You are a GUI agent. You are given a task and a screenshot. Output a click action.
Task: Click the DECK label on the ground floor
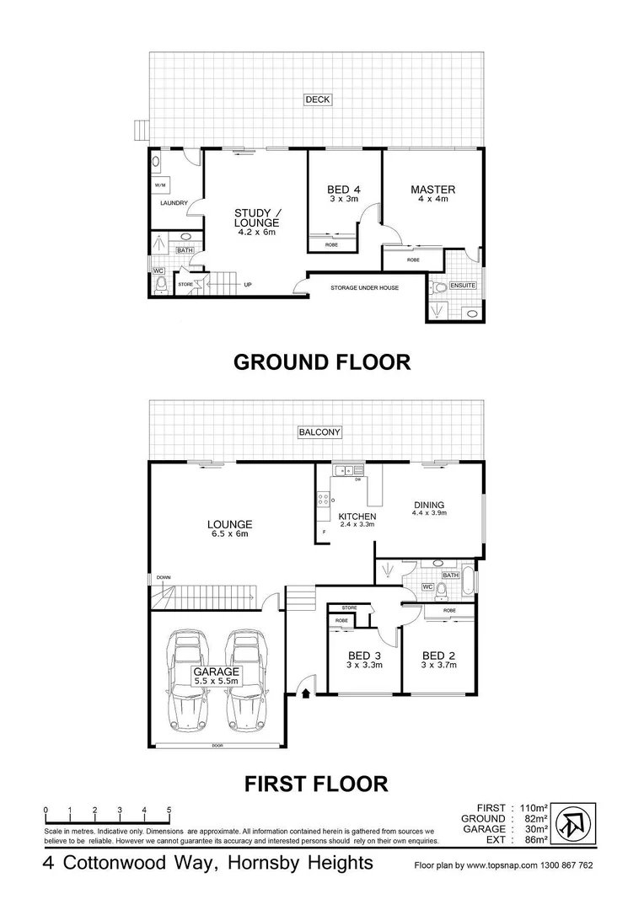pos(318,100)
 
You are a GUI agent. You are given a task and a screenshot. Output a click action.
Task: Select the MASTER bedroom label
pos(432,190)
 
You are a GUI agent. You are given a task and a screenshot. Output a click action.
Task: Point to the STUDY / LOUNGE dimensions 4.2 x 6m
pos(256,232)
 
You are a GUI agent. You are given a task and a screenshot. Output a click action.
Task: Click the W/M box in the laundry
pos(159,185)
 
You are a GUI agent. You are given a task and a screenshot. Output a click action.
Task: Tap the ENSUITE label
pos(463,286)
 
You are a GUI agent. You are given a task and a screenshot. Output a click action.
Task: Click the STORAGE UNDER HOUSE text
pos(363,287)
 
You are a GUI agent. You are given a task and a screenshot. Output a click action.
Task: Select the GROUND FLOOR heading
pos(321,362)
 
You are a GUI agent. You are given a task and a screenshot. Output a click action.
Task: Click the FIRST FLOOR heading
pos(316,784)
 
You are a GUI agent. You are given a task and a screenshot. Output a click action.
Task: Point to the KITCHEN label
pos(357,517)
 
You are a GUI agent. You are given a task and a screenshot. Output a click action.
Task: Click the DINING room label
pos(428,505)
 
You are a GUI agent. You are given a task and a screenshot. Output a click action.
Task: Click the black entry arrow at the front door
pos(305,693)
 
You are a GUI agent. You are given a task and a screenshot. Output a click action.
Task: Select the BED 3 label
pos(365,656)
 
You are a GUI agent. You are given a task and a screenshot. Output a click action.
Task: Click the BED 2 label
pos(439,656)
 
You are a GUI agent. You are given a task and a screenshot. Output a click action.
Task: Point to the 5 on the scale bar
pos(169,810)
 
